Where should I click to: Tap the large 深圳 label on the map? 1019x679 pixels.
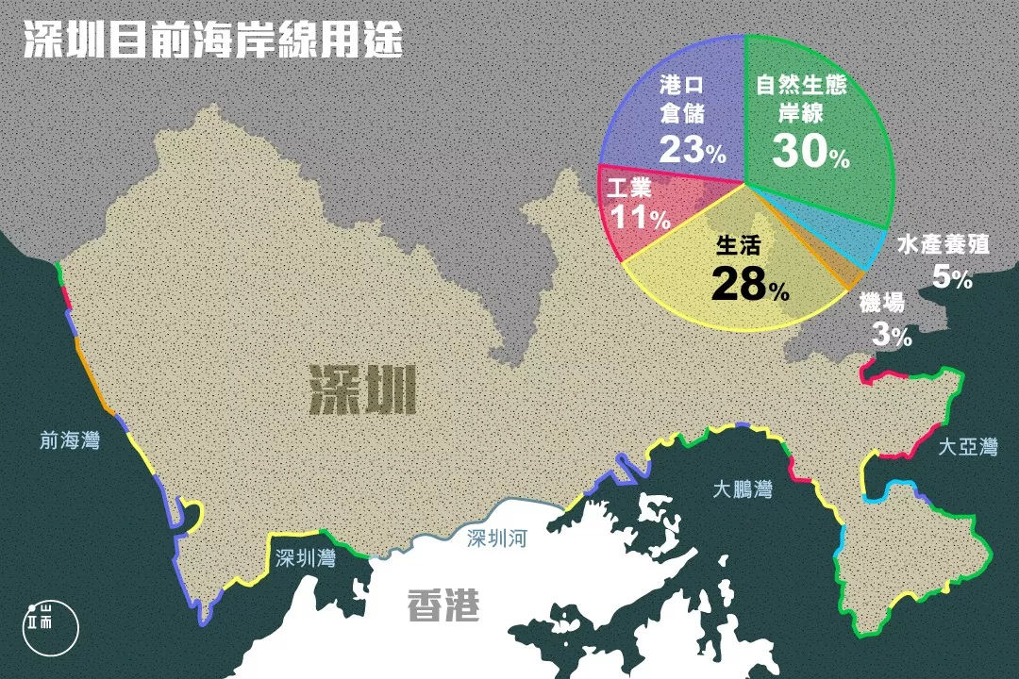point(362,390)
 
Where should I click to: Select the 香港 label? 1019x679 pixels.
point(443,604)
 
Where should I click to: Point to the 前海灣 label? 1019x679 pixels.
point(70,439)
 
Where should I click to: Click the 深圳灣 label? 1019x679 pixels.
point(306,558)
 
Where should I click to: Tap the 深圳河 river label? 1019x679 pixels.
point(501,539)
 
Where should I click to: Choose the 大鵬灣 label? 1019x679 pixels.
point(743,489)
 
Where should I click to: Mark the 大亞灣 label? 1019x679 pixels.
point(967,447)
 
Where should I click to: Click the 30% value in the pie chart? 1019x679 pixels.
point(810,151)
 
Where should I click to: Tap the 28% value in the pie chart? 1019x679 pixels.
point(750,284)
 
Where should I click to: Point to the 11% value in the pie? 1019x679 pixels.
point(640,218)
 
